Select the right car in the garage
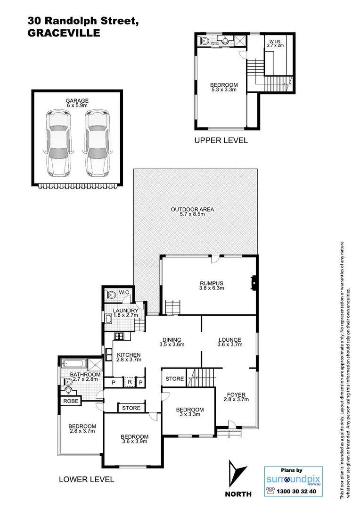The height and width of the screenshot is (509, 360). click(97, 143)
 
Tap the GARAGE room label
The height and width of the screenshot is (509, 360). click(77, 100)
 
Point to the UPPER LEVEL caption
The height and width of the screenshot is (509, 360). click(221, 140)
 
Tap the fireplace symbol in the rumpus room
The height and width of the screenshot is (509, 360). click(254, 283)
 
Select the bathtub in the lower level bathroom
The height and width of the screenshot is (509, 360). click(74, 364)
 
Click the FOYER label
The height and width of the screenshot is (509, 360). click(236, 394)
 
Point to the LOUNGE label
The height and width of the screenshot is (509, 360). click(229, 339)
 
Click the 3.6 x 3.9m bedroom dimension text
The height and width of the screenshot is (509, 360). click(134, 442)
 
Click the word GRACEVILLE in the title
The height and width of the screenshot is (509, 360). click(64, 33)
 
